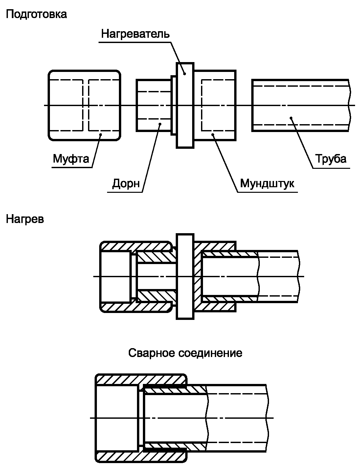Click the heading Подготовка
click(x=36, y=14)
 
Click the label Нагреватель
click(x=135, y=33)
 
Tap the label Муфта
click(x=71, y=159)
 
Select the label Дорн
click(x=126, y=183)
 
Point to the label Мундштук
click(x=267, y=183)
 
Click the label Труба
click(x=331, y=159)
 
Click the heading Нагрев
click(x=25, y=219)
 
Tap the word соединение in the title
click(x=211, y=353)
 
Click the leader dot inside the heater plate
click(x=185, y=74)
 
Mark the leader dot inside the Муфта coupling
click(x=101, y=135)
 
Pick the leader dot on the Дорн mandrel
click(x=160, y=124)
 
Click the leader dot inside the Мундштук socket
click(x=213, y=134)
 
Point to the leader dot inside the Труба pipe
click(x=290, y=117)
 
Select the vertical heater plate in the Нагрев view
click(x=185, y=276)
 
